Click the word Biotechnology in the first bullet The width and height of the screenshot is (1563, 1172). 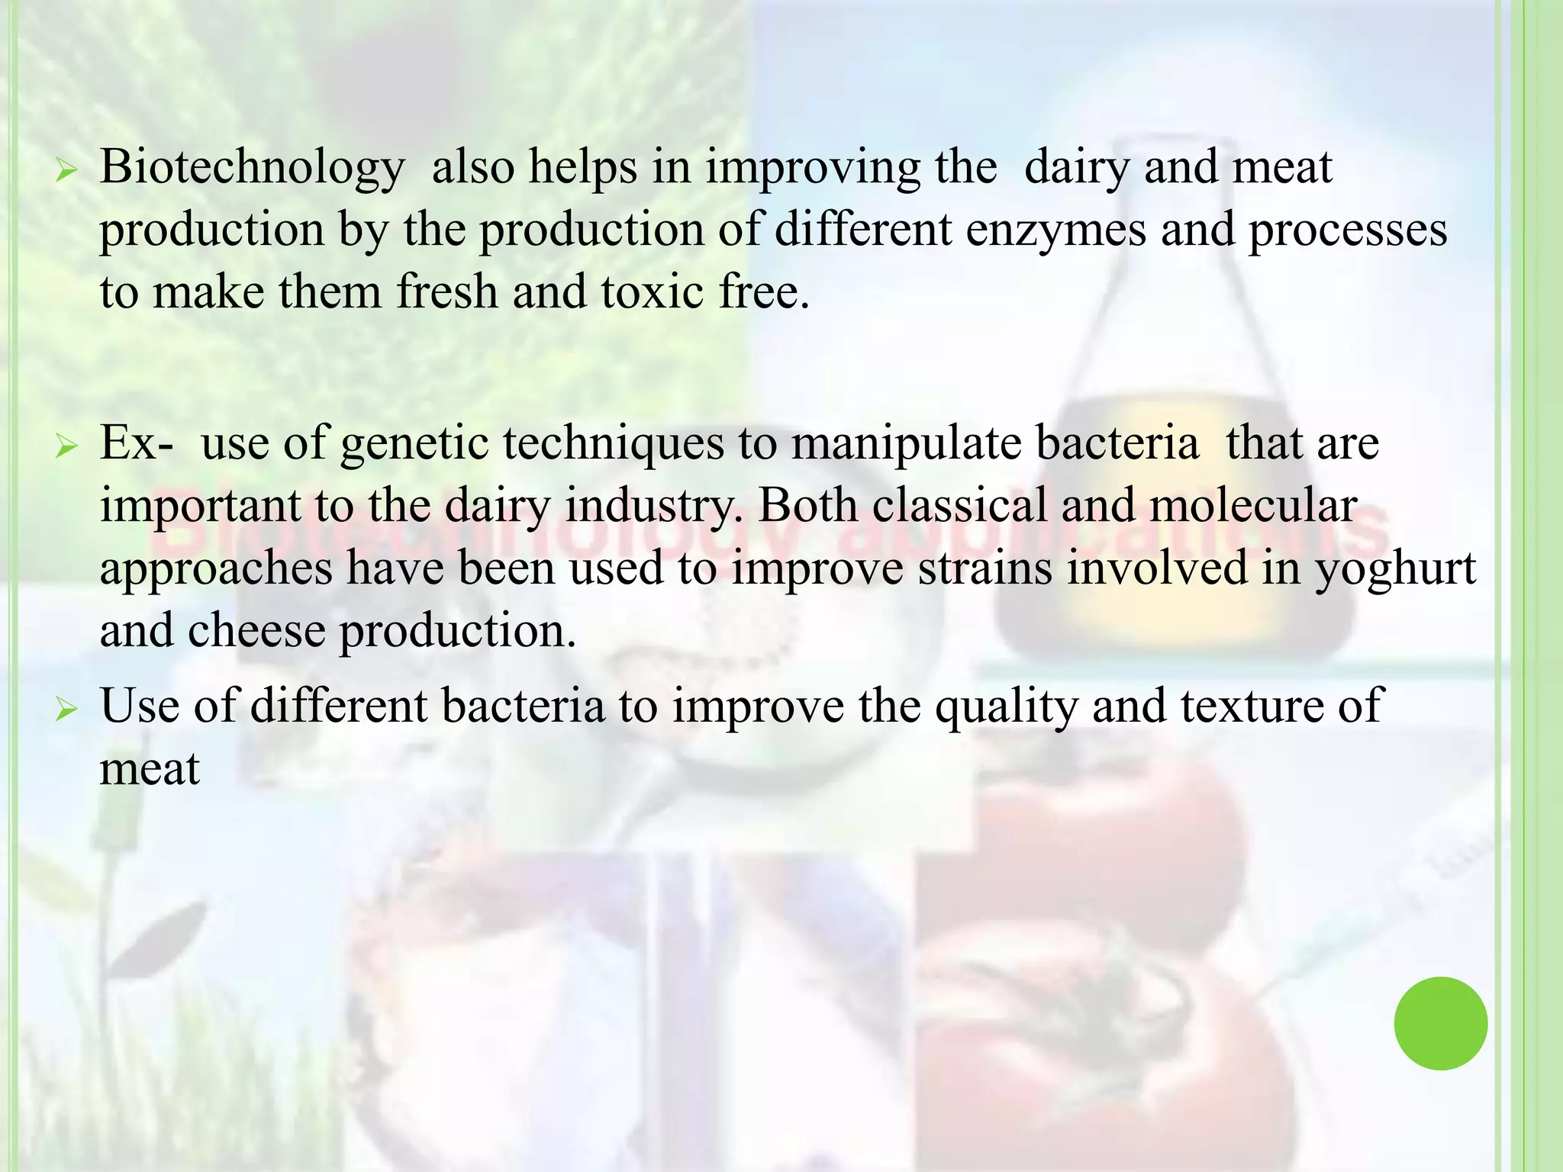pos(252,168)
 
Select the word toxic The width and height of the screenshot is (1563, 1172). pos(653,292)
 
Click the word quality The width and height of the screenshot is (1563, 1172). pos(1007,707)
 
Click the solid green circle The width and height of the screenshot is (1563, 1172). pos(1440,1023)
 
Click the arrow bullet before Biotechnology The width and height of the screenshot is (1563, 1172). pos(67,172)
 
